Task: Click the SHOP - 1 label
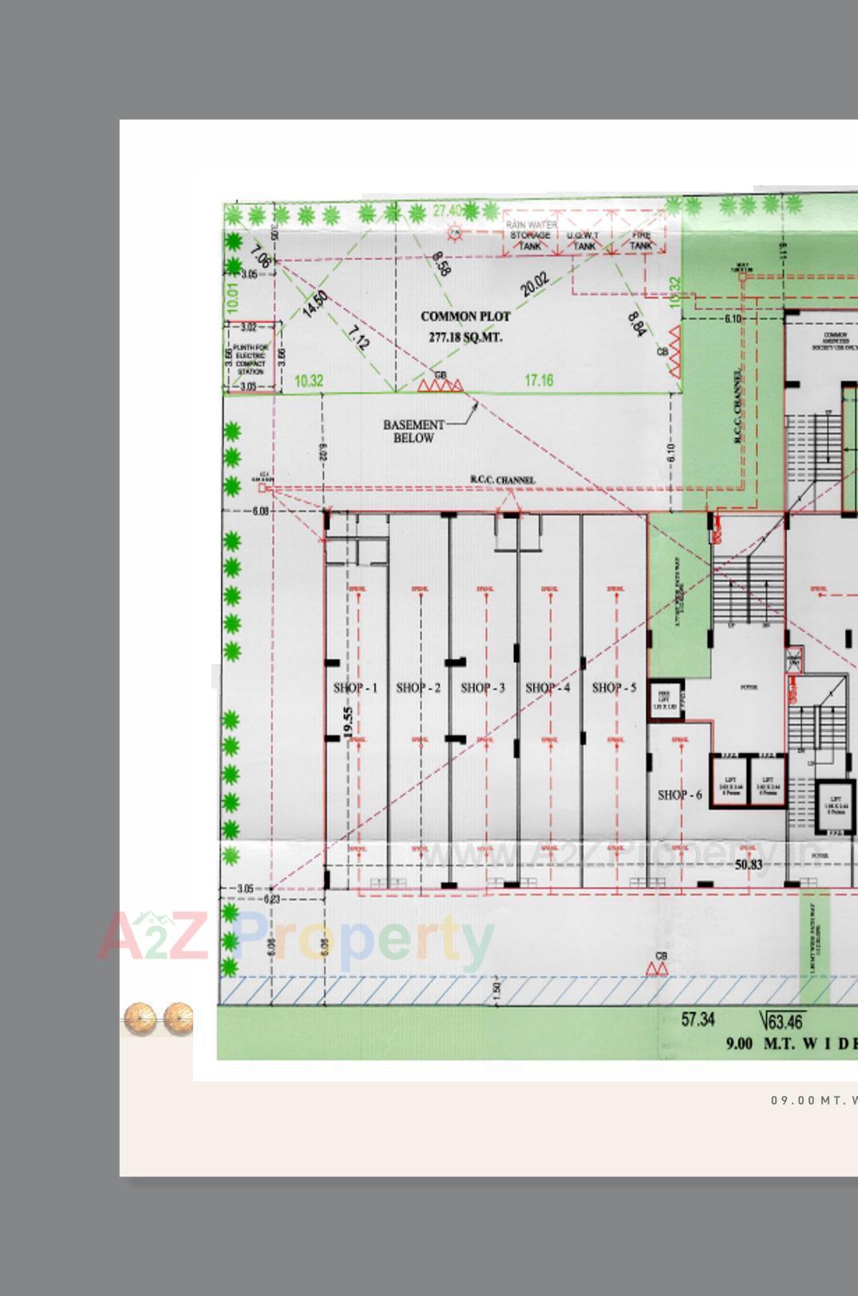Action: tap(355, 687)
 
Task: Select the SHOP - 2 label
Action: tap(418, 687)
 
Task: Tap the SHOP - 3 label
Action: tap(483, 687)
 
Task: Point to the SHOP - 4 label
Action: tap(548, 687)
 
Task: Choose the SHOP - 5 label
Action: tap(614, 687)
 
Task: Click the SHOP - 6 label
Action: tap(679, 794)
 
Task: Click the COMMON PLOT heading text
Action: tap(465, 317)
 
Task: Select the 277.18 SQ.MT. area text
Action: tap(465, 337)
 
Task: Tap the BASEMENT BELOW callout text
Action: tap(413, 431)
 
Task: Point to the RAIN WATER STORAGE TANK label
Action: tap(531, 236)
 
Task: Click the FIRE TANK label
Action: tap(641, 241)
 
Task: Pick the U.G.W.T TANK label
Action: tap(583, 241)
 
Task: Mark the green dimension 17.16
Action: tap(539, 380)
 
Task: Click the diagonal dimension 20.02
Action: tap(535, 284)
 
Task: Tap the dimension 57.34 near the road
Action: tap(698, 1019)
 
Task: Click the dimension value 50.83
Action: tap(749, 865)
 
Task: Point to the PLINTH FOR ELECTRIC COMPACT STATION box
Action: tap(251, 359)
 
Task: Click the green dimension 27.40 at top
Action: tap(447, 211)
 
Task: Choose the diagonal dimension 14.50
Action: tap(315, 304)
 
